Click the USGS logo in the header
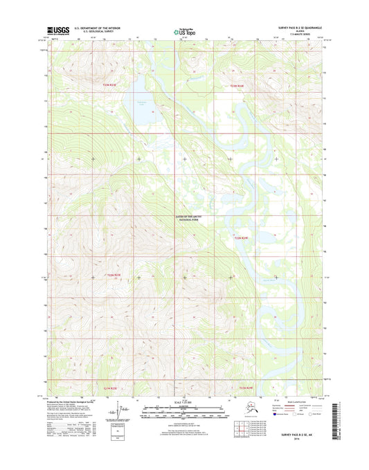tap(61, 30)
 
